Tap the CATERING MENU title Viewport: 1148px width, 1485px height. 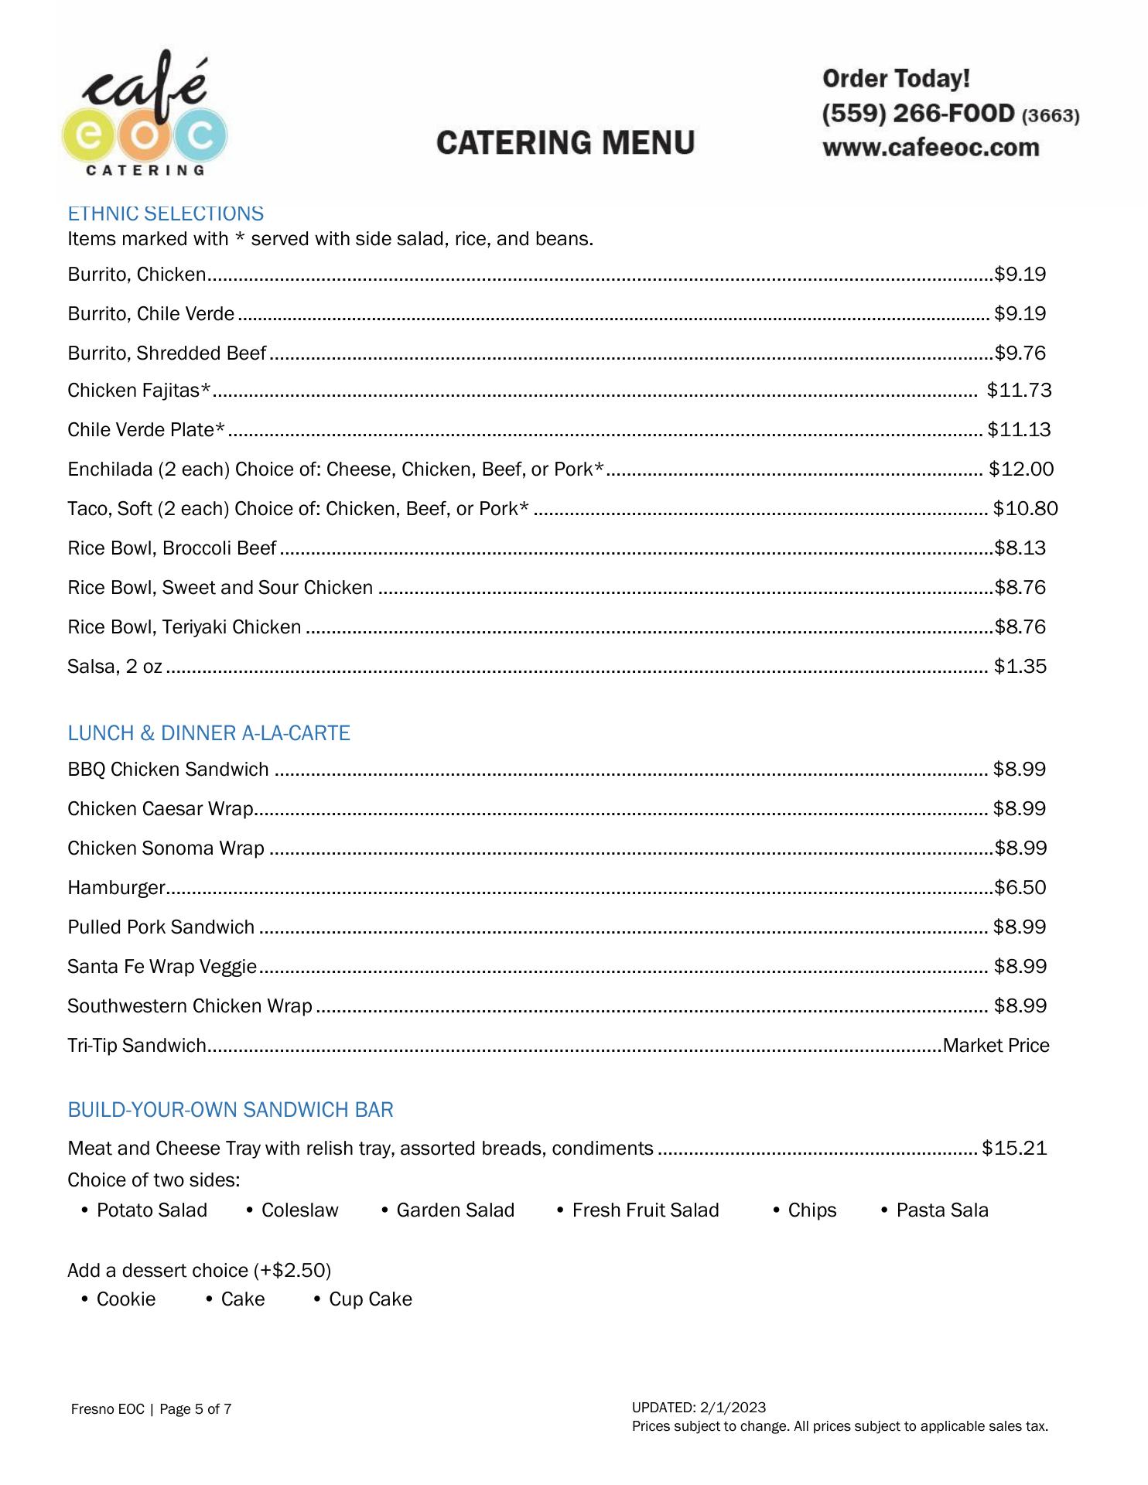click(565, 143)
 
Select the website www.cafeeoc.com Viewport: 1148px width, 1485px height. click(931, 147)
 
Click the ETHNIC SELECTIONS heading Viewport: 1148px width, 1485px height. click(166, 213)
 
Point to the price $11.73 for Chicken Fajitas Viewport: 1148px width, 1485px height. click(1019, 390)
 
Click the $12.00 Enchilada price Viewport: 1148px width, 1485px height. click(1020, 469)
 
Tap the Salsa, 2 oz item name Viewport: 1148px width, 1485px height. click(114, 666)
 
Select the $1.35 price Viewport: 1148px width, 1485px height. click(1020, 666)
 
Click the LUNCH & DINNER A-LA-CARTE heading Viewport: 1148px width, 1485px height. click(209, 732)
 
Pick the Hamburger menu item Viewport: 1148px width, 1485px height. click(116, 887)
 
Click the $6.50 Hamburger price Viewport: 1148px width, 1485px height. click(1020, 887)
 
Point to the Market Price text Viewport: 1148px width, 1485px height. click(996, 1045)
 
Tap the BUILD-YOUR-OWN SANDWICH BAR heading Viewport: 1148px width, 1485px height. click(231, 1109)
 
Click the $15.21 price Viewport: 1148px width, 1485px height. click(1014, 1148)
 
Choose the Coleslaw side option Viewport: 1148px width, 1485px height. click(299, 1210)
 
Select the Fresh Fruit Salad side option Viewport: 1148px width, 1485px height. click(645, 1210)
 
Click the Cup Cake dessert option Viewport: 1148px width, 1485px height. click(370, 1299)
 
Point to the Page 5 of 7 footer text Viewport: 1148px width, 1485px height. click(195, 1408)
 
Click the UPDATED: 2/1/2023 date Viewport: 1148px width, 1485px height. click(699, 1407)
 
